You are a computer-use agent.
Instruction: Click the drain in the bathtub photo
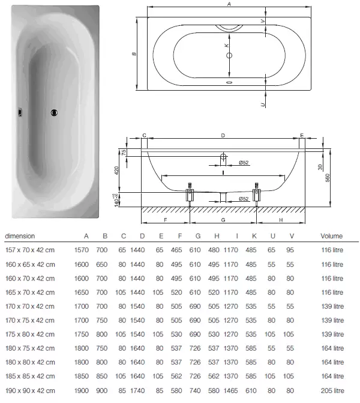point(54,112)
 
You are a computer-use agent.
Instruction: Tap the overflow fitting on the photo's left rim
point(20,112)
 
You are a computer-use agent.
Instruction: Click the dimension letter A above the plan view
point(229,4)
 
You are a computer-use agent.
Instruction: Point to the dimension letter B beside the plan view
point(134,54)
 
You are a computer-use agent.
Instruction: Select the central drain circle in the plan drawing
point(229,55)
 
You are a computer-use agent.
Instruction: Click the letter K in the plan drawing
point(226,45)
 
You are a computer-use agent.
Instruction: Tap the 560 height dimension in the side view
point(327,178)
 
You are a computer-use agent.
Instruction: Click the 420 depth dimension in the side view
point(116,171)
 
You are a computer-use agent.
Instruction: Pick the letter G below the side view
point(223,220)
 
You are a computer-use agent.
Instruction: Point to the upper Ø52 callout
point(244,162)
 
